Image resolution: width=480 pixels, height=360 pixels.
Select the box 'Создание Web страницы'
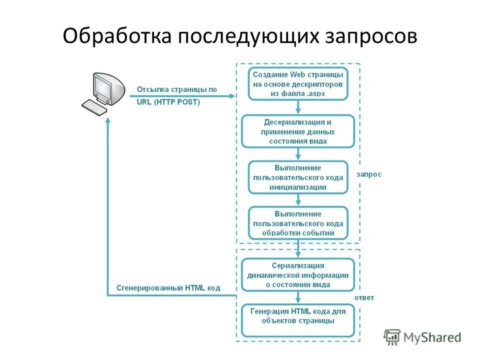pyautogui.click(x=298, y=84)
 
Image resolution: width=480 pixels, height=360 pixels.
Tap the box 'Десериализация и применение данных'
pyautogui.click(x=298, y=131)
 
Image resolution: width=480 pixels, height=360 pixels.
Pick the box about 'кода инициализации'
pyautogui.click(x=298, y=177)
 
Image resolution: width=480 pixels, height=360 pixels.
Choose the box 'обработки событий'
pyautogui.click(x=298, y=223)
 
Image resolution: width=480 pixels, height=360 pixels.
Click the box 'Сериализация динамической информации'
pyautogui.click(x=298, y=275)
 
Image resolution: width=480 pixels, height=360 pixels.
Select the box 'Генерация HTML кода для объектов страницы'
pyautogui.click(x=298, y=320)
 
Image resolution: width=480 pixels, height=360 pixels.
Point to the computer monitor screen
pyautogui.click(x=103, y=88)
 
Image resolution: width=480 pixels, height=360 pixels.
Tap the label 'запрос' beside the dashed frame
pyautogui.click(x=369, y=174)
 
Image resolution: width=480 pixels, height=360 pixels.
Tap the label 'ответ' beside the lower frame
pyautogui.click(x=364, y=297)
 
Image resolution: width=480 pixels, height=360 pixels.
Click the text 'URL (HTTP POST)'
pyautogui.click(x=168, y=102)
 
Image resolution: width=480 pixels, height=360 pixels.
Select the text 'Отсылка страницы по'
pyautogui.click(x=177, y=90)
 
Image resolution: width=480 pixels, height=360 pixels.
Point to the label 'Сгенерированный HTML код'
pyautogui.click(x=168, y=288)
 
